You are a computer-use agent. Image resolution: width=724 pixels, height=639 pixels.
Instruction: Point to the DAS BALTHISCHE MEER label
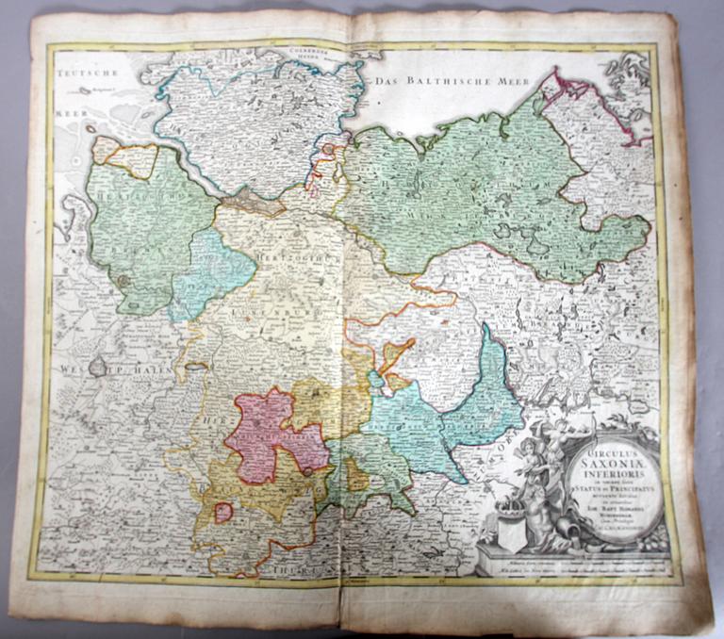tap(435, 82)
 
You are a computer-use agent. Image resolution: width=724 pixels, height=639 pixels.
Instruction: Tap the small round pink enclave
tap(223, 513)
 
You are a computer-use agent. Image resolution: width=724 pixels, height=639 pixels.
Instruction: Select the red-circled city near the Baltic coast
tap(328, 149)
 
